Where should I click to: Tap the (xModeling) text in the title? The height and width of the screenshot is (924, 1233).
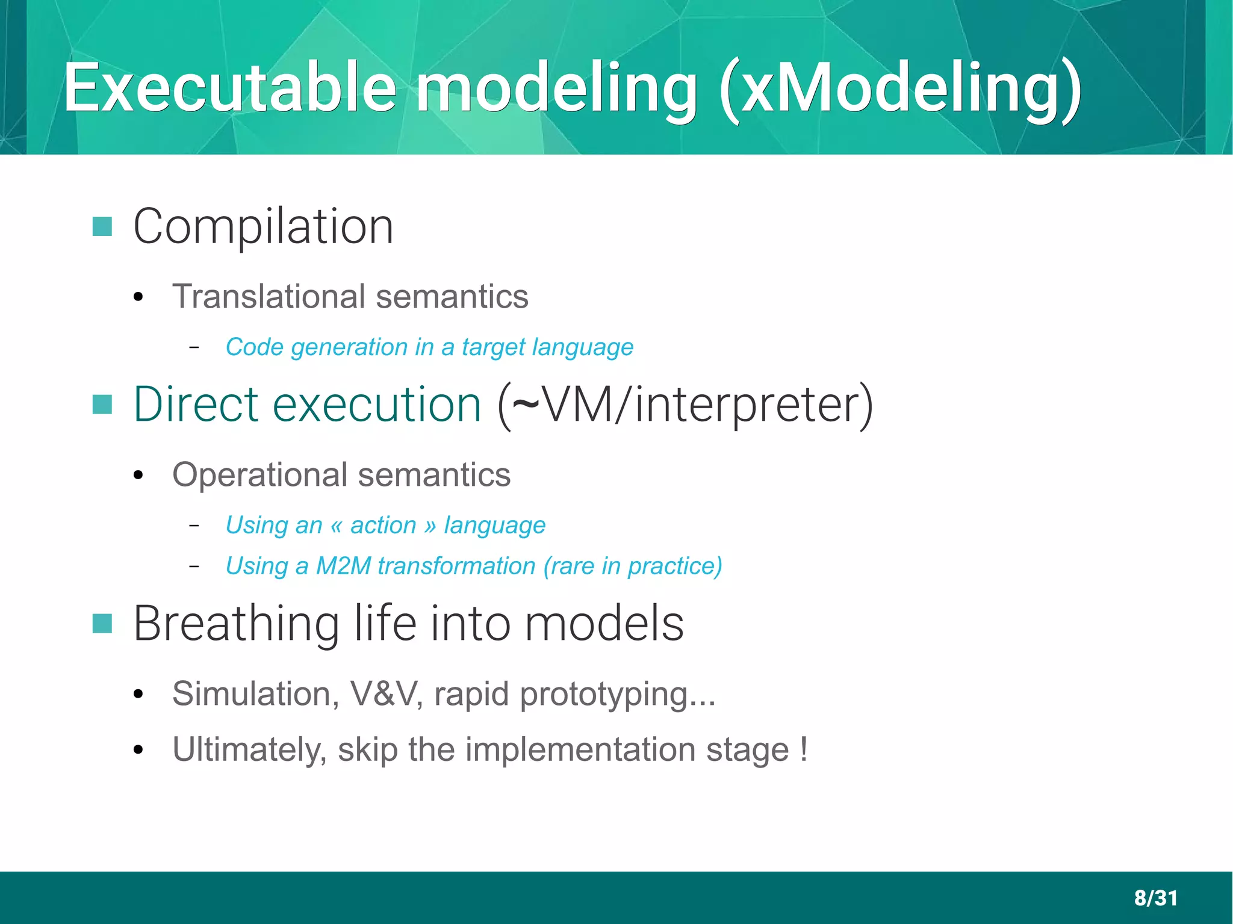tap(899, 90)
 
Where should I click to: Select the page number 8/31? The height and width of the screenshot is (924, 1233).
tap(1155, 898)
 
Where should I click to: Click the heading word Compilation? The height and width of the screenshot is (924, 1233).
tap(263, 227)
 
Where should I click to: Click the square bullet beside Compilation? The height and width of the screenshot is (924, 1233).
tap(102, 227)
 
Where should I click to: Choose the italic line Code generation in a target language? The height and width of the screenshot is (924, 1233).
tap(429, 347)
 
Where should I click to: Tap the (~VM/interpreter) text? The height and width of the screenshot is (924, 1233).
tap(685, 405)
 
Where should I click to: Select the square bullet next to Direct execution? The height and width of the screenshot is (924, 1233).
tap(102, 405)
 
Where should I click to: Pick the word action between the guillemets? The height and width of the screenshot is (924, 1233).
tap(383, 526)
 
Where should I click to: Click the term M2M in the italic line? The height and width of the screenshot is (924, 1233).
tap(343, 566)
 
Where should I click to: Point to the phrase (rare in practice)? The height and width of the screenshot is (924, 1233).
tap(632, 566)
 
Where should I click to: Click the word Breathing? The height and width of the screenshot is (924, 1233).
tap(237, 624)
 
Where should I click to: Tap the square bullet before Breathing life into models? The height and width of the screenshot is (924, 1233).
tap(102, 624)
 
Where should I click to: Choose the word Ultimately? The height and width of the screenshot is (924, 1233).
tap(249, 750)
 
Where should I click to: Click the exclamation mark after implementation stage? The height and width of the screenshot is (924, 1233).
tap(804, 749)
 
